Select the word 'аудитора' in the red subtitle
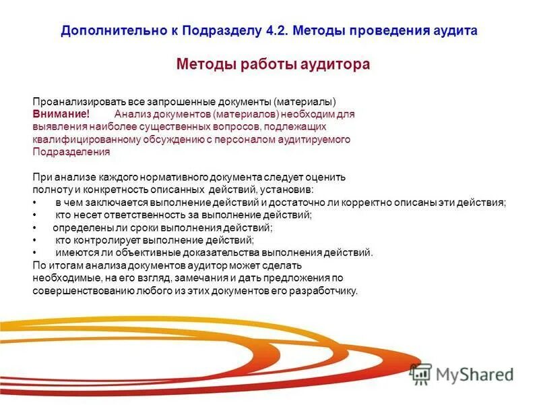point(336,65)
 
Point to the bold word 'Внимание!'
point(61,115)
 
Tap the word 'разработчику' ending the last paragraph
point(328,291)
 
